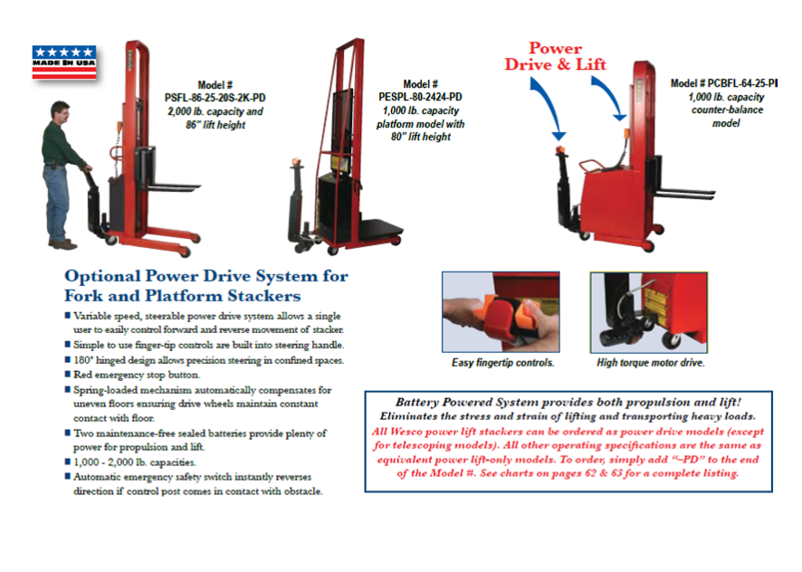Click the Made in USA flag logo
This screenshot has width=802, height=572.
(x=63, y=62)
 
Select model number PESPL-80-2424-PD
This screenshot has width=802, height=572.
(x=419, y=96)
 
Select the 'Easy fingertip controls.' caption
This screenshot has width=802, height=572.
(x=502, y=364)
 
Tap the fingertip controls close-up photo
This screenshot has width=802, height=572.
(x=501, y=312)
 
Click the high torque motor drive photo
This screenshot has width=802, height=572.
(x=648, y=312)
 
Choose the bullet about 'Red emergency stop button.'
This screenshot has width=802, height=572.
(x=137, y=375)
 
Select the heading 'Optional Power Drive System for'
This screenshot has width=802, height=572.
(x=206, y=276)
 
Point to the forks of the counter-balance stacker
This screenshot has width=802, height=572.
(x=683, y=193)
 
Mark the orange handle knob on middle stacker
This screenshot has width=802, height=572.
(x=295, y=167)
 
